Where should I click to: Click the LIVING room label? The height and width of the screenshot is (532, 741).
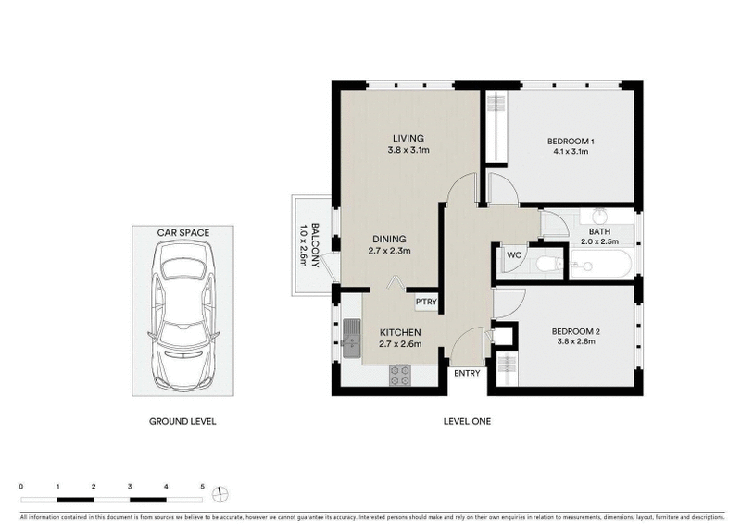click(x=407, y=139)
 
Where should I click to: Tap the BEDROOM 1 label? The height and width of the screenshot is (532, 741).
click(x=571, y=141)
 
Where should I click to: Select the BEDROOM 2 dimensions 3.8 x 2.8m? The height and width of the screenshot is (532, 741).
click(x=571, y=340)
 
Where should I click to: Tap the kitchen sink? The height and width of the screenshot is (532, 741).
click(x=351, y=338)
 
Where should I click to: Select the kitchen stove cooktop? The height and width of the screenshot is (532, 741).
click(x=399, y=375)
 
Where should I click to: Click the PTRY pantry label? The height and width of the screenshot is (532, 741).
click(x=425, y=302)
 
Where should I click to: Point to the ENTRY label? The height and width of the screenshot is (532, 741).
click(x=467, y=373)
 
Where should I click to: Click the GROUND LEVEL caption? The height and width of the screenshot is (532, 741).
click(x=182, y=421)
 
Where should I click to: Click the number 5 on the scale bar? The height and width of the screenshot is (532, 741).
click(x=202, y=486)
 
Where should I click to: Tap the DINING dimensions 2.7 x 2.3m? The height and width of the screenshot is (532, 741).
click(x=390, y=250)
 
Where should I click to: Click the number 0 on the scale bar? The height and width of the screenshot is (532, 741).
click(x=20, y=486)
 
